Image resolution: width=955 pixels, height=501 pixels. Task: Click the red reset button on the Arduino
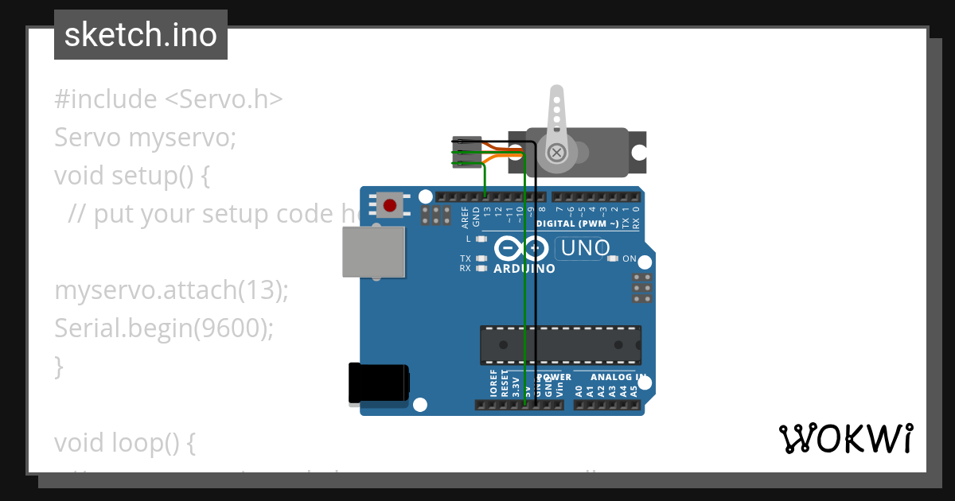tap(389, 205)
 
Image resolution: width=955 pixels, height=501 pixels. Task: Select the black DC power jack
tap(379, 383)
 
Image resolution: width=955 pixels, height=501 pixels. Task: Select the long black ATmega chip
tap(560, 344)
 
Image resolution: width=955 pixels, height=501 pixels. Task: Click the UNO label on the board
tap(585, 249)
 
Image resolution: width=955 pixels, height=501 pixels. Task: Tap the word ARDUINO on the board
tap(524, 269)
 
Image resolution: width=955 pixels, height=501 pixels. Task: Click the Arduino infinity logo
tap(521, 249)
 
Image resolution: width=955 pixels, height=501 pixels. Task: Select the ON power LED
tap(613, 258)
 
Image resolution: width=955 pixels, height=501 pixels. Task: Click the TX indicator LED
tap(481, 258)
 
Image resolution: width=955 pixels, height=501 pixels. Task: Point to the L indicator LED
tap(481, 239)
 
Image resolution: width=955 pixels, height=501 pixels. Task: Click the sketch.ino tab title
tap(141, 35)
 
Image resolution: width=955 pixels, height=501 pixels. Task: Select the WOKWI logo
tap(845, 439)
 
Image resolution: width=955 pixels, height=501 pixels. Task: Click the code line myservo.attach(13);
tap(171, 290)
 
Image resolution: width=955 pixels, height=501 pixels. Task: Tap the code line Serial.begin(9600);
tap(164, 328)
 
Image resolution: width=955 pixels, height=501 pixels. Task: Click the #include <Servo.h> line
tap(169, 99)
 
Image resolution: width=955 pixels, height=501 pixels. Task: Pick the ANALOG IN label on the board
tap(618, 377)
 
